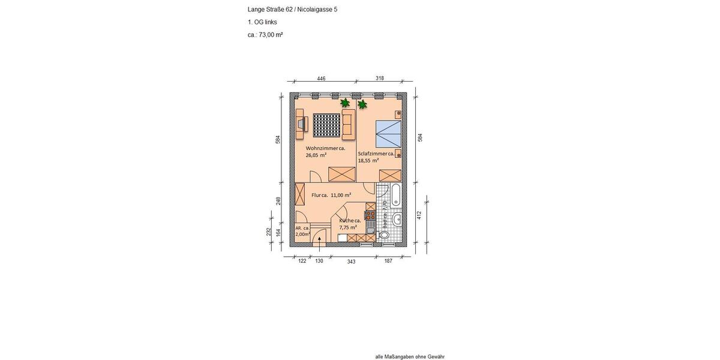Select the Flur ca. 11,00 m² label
[x=331, y=195]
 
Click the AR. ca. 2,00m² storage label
[x=302, y=231]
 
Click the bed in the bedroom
[x=387, y=133]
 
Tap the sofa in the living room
[x=347, y=124]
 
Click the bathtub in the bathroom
[x=396, y=196]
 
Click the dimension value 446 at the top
[x=321, y=78]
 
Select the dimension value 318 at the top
[x=380, y=78]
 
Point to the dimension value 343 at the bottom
[x=352, y=261]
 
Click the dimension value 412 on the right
[x=419, y=215]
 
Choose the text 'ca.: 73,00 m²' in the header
[x=265, y=35]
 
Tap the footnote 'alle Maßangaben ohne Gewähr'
[x=410, y=356]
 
